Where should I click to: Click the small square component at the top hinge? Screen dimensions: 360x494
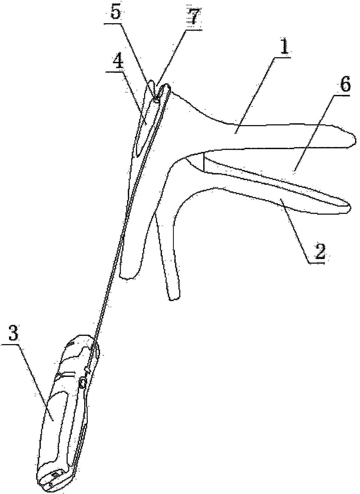156,100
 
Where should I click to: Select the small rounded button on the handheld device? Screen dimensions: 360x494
82,384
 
